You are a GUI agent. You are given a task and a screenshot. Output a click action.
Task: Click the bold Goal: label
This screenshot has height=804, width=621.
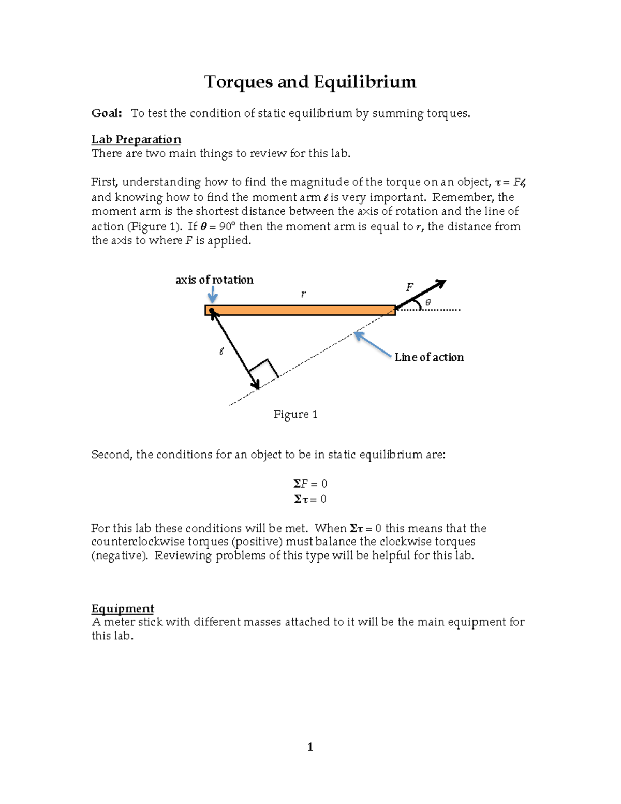(x=107, y=113)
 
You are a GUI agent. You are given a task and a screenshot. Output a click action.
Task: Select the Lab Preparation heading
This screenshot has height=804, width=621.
(x=136, y=140)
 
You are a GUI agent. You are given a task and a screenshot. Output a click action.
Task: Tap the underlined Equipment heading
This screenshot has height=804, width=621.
(x=123, y=608)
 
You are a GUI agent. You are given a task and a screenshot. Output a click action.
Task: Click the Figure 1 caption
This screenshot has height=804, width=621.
(x=295, y=414)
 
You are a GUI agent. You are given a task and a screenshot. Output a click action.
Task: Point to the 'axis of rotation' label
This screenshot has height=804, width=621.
(x=214, y=280)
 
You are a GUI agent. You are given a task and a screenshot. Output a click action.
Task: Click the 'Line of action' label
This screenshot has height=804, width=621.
(x=429, y=357)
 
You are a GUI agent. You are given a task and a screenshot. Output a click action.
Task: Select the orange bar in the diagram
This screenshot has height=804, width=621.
(x=300, y=311)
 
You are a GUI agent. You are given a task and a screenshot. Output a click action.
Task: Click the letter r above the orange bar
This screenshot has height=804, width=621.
(x=303, y=294)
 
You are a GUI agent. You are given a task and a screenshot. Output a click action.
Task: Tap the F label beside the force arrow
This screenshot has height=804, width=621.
(x=409, y=287)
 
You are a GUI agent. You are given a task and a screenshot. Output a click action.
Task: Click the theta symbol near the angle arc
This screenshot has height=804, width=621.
(x=427, y=302)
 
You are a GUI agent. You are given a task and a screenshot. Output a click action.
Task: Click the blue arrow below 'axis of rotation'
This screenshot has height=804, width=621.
(x=212, y=296)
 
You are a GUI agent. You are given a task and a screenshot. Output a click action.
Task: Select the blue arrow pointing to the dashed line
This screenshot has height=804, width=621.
(x=372, y=345)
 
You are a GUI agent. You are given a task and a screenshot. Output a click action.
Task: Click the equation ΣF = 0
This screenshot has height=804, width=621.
(x=310, y=484)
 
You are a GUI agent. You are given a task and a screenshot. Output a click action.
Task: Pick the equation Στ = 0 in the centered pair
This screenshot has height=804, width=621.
(x=310, y=499)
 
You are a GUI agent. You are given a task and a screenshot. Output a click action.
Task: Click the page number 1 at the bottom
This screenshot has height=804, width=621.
(x=310, y=747)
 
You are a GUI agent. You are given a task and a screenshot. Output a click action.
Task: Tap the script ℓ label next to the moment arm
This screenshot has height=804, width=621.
(x=221, y=351)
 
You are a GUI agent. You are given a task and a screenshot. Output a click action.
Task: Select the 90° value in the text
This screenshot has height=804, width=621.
(x=227, y=227)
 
